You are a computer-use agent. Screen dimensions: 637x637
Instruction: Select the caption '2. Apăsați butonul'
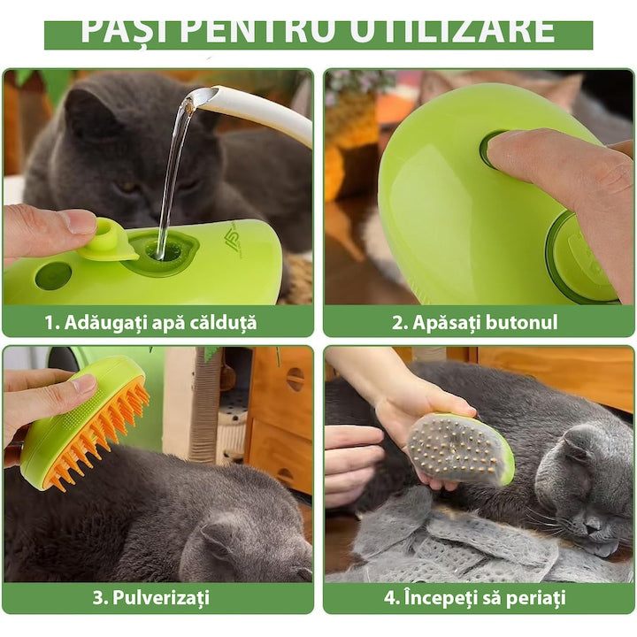point(475,322)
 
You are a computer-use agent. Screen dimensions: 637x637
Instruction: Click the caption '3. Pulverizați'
point(151,597)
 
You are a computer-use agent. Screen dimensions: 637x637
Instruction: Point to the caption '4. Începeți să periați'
point(475,597)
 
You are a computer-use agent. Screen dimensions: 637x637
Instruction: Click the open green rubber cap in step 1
point(107,242)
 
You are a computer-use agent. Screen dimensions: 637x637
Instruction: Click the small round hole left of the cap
point(53,275)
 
